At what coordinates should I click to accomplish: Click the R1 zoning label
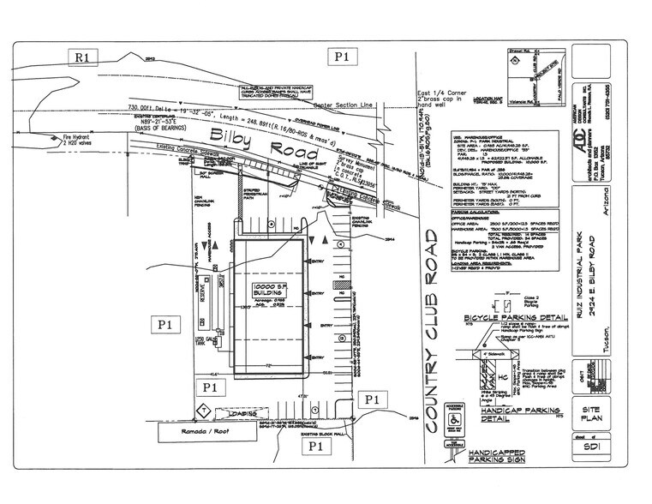pos(84,58)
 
